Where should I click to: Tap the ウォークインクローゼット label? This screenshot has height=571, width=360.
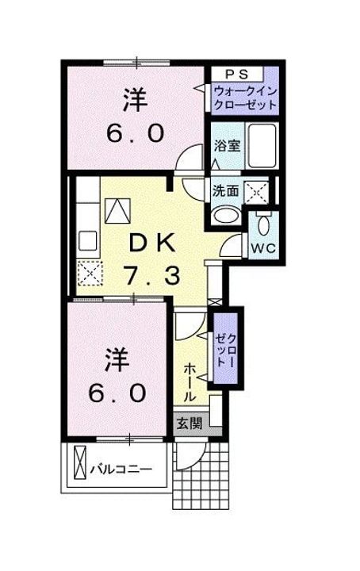coord(245,99)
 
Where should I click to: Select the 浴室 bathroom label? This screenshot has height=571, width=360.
coord(227,147)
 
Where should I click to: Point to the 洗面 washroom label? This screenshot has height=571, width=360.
coord(225,190)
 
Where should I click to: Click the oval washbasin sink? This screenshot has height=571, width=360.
coord(226,213)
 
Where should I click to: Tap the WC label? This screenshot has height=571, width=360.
coord(262,247)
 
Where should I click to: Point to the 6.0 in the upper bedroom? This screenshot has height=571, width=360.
coord(136,132)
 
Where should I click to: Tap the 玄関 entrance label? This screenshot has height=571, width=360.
coord(189,423)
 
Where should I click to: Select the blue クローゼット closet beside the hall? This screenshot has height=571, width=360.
coord(224,350)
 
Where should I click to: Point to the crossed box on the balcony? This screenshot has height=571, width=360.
coord(79,466)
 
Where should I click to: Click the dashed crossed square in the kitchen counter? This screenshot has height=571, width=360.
coord(88,274)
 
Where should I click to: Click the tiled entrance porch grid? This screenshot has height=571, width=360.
coord(203,480)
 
